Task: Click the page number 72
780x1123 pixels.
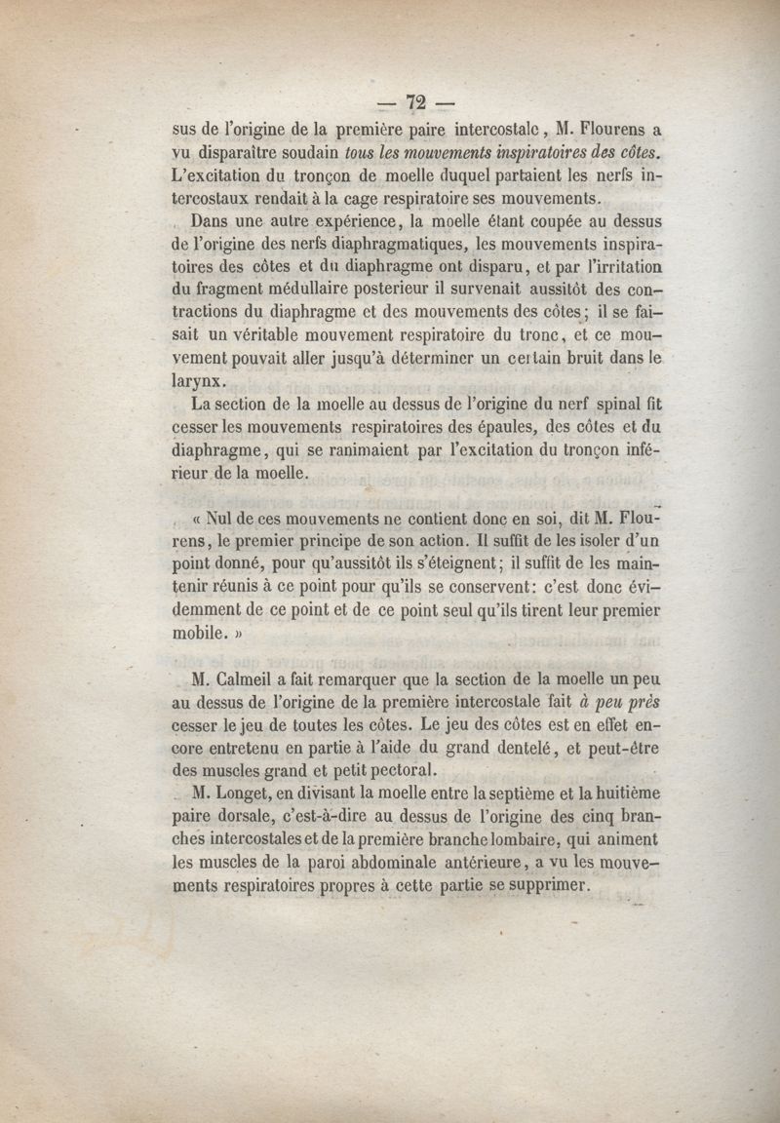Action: (417, 102)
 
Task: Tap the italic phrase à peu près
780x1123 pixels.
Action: (618, 703)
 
